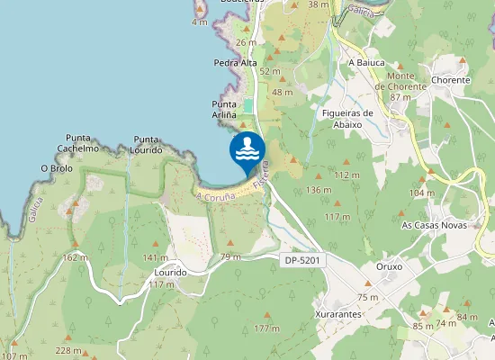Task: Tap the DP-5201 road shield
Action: (x=302, y=260)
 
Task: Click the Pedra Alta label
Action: (x=235, y=64)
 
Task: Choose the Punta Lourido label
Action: (x=147, y=145)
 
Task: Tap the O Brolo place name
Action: (x=56, y=168)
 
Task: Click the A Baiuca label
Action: (x=366, y=64)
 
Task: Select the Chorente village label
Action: (x=451, y=80)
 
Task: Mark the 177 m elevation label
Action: (x=267, y=328)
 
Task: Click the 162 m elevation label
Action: (x=76, y=256)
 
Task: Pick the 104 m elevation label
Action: (x=421, y=193)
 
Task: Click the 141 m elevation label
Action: (x=130, y=258)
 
